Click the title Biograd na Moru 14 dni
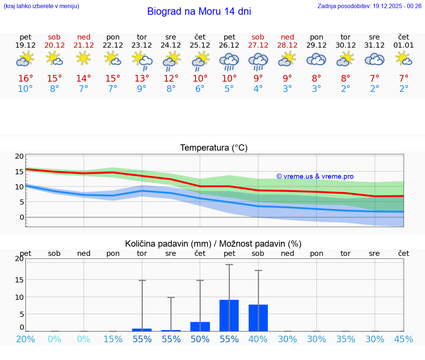pyautogui.click(x=199, y=11)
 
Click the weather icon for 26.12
pyautogui.click(x=229, y=61)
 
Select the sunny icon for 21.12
pyautogui.click(x=84, y=58)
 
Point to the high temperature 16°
pyautogui.click(x=25, y=79)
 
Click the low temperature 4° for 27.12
pyautogui.click(x=258, y=89)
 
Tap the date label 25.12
pyautogui.click(x=200, y=45)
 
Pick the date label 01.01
pyautogui.click(x=404, y=45)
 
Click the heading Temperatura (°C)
pyautogui.click(x=214, y=148)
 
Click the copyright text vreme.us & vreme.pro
pyautogui.click(x=315, y=176)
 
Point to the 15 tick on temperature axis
pyautogui.click(x=19, y=171)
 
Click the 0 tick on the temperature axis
pyautogui.click(x=21, y=217)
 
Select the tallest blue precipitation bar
pyautogui.click(x=229, y=315)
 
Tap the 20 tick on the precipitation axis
pyautogui.click(x=19, y=258)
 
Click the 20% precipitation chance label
pyautogui.click(x=25, y=339)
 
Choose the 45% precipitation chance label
pyautogui.click(x=404, y=339)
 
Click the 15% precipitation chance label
pyautogui.click(x=113, y=339)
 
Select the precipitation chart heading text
pyautogui.click(x=213, y=244)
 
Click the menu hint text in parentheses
pyautogui.click(x=41, y=6)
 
